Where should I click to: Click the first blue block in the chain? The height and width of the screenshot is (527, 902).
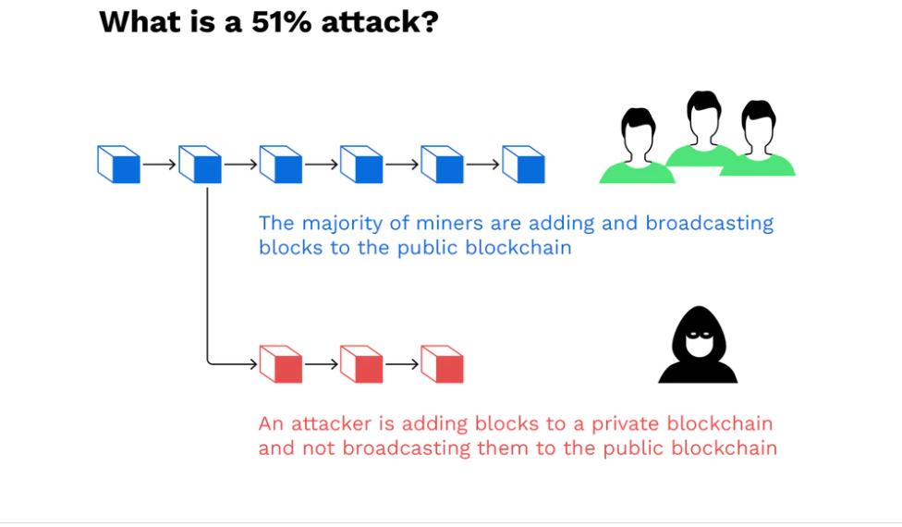click(119, 165)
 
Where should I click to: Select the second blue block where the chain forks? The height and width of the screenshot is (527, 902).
click(201, 165)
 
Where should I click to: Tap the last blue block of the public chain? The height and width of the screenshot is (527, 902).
click(523, 165)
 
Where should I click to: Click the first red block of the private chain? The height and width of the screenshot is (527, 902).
click(281, 364)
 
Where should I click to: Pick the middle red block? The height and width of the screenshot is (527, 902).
click(361, 364)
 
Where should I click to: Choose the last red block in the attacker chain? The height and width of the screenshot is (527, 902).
click(443, 364)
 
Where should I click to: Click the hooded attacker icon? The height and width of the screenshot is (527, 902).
click(698, 345)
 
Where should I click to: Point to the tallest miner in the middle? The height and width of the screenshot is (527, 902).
click(703, 129)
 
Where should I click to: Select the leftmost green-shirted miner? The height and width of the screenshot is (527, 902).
click(638, 146)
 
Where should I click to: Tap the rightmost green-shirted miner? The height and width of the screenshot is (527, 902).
click(758, 139)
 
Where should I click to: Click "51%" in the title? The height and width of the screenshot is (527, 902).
click(282, 22)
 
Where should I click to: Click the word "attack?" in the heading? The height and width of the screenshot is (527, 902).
click(380, 22)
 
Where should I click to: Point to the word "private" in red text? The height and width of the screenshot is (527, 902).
click(626, 424)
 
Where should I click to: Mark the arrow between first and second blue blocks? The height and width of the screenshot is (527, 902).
click(159, 165)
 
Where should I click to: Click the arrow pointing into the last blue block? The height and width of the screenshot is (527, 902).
click(482, 165)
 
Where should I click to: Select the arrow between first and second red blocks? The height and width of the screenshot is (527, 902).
click(321, 364)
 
